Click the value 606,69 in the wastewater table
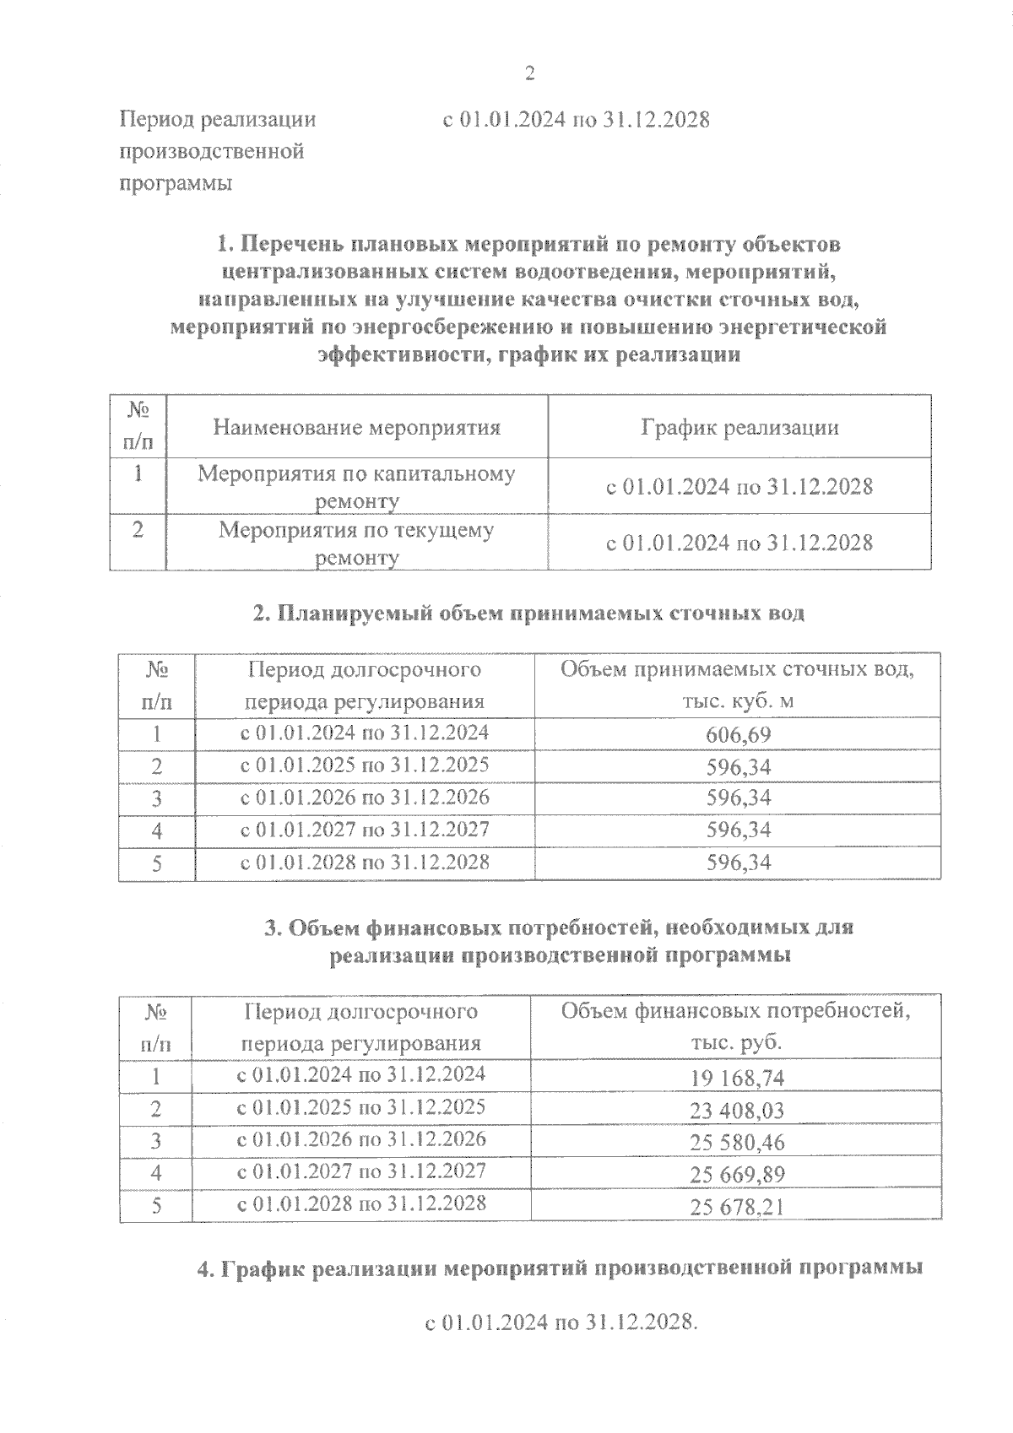point(738,735)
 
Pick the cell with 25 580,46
point(737,1143)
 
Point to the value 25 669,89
point(737,1175)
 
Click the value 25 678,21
point(737,1207)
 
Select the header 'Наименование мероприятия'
point(356,427)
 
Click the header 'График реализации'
point(739,427)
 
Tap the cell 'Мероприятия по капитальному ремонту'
point(356,487)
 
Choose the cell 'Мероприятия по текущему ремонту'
point(356,543)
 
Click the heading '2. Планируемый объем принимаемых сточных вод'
point(528,614)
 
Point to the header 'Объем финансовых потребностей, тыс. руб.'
point(736,1026)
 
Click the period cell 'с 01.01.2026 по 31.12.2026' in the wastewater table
point(365,798)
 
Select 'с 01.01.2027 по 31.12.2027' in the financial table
point(361,1171)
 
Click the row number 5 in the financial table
point(156,1206)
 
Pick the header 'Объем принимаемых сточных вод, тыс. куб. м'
point(737,685)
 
